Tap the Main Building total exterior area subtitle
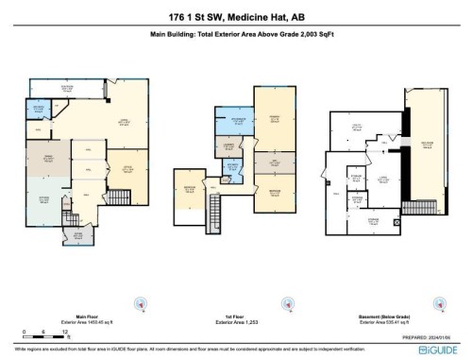point(235,36)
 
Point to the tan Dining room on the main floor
point(42,162)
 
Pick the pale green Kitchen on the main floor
point(42,202)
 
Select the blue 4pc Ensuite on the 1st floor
point(231,123)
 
